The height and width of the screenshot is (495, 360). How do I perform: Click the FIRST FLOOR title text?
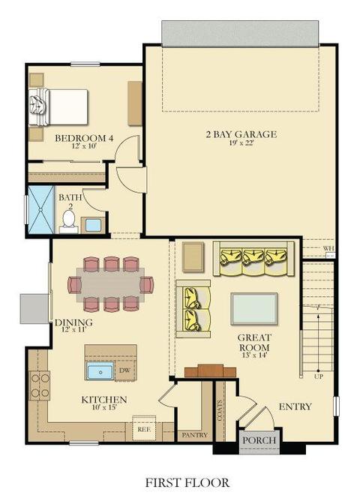click(187, 482)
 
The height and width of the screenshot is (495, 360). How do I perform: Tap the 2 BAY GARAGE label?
click(241, 134)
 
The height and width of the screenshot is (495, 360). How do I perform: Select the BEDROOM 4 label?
click(84, 138)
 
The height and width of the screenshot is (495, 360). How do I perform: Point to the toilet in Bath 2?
click(68, 220)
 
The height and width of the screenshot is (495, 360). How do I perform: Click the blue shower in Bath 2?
click(40, 209)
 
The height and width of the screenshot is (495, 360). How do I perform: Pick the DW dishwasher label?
click(125, 370)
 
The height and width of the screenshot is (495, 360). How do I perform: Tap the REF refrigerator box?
click(144, 429)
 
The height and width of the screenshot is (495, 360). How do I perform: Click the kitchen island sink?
click(100, 371)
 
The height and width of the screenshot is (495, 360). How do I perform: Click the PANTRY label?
click(194, 435)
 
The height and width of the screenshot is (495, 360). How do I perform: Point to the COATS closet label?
click(220, 410)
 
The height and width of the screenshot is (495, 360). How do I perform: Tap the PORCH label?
click(259, 440)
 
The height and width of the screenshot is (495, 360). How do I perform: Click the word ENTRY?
click(295, 406)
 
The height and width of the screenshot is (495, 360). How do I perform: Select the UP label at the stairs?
click(318, 376)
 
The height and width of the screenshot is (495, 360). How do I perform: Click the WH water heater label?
click(328, 249)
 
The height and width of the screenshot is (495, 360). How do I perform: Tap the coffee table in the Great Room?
click(254, 309)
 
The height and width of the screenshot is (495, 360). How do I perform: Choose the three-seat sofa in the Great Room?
click(253, 259)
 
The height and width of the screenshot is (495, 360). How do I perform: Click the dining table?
click(111, 285)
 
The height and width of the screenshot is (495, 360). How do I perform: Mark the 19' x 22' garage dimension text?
click(241, 143)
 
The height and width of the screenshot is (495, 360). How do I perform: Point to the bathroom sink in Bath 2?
click(93, 225)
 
